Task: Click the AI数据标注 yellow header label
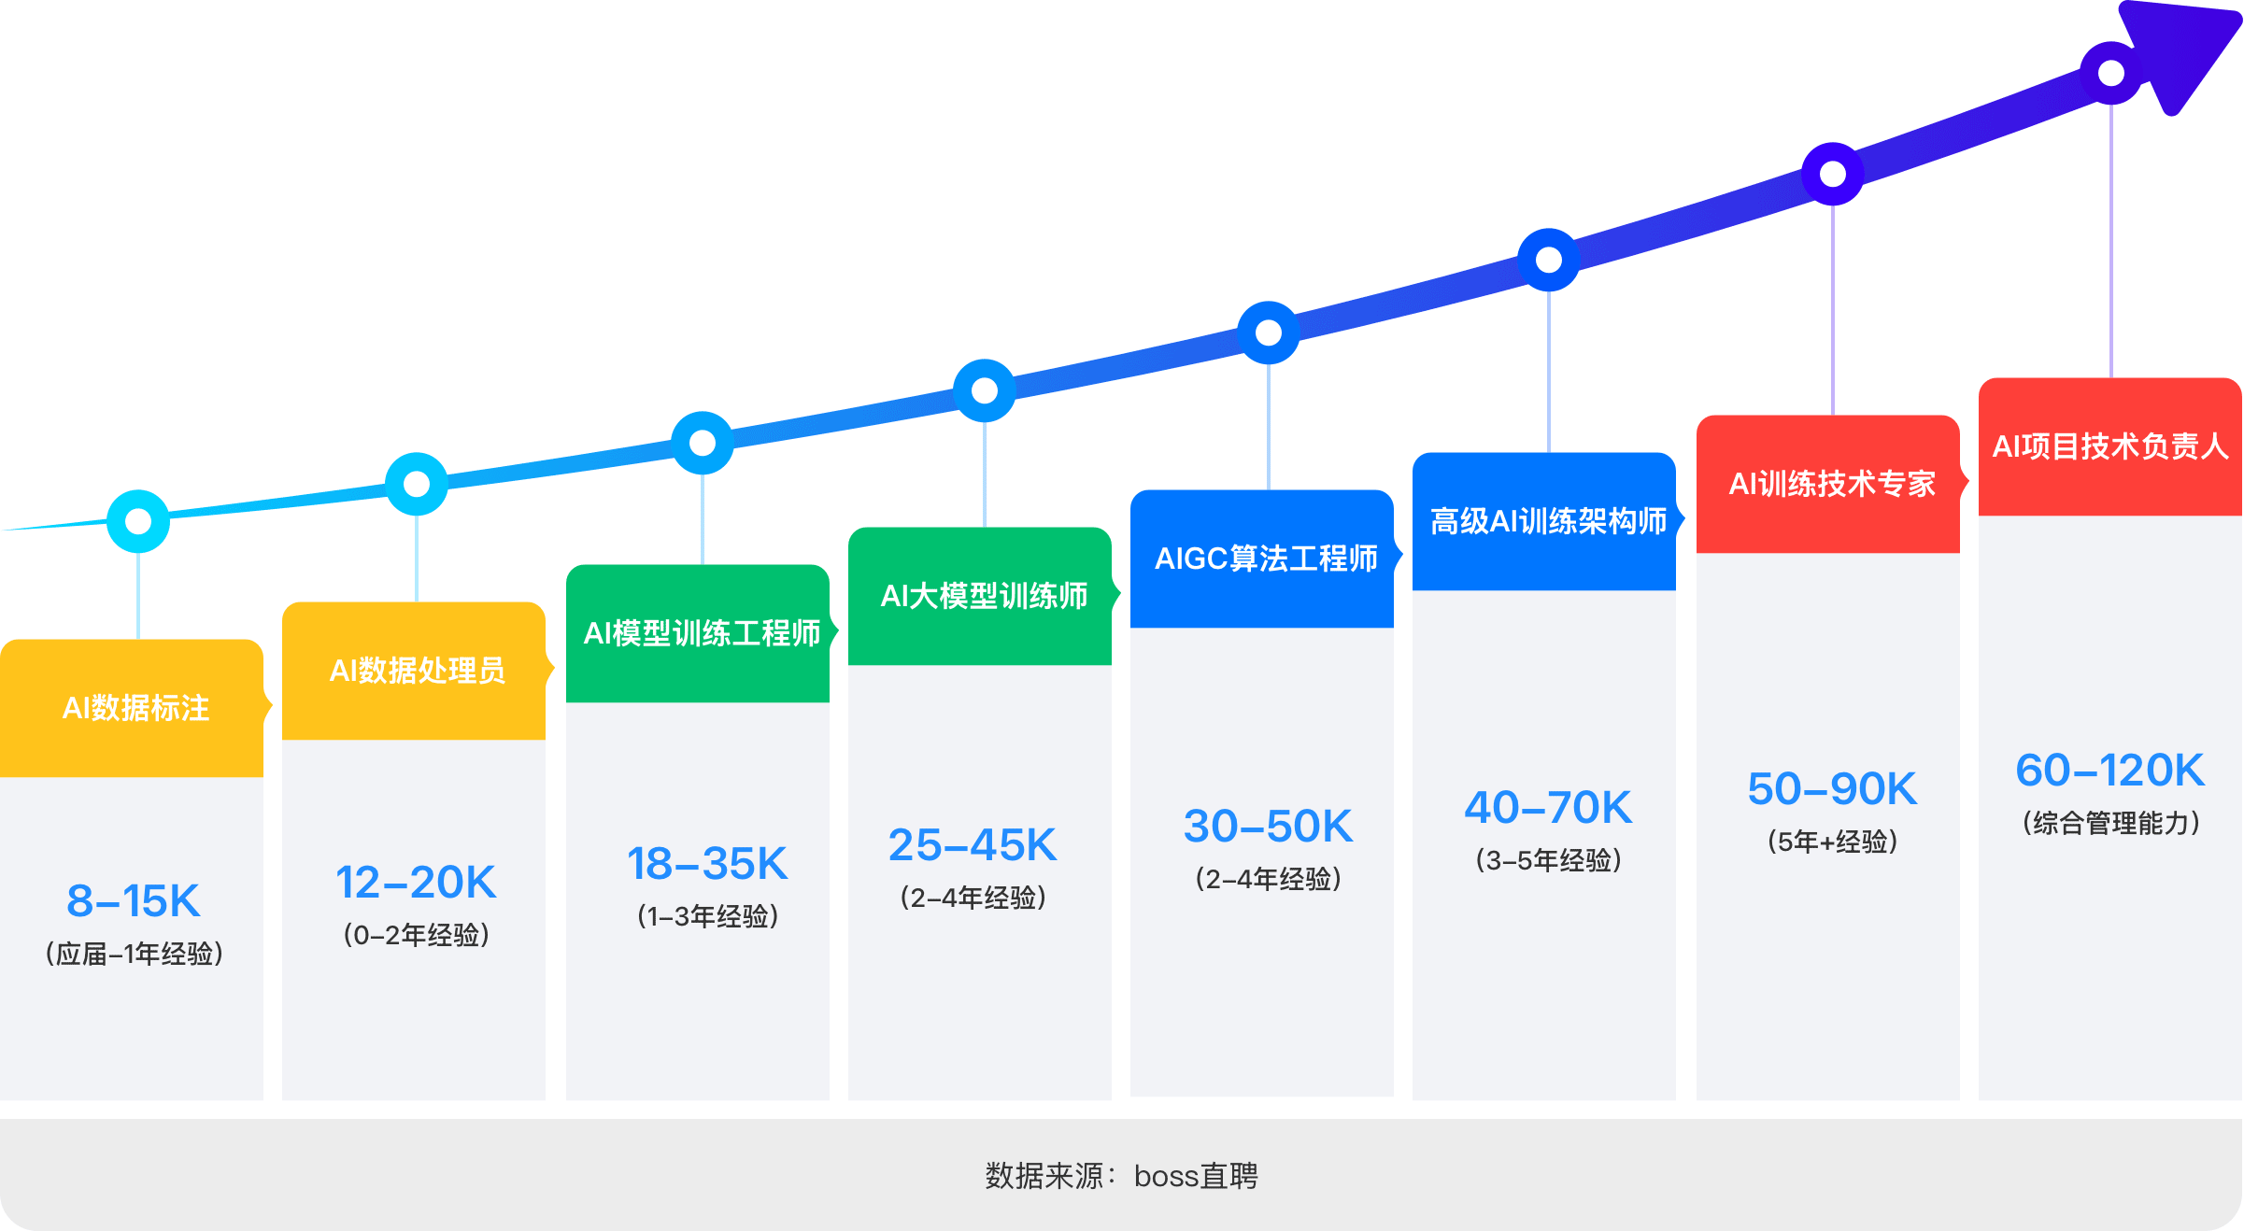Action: tap(135, 708)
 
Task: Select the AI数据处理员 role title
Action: tap(417, 671)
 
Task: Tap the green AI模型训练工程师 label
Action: tap(702, 633)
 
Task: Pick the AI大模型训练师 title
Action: tap(984, 596)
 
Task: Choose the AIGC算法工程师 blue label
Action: tap(1266, 559)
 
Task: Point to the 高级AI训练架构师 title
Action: tap(1548, 521)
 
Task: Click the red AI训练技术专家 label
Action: tap(1832, 484)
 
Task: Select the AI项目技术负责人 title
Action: tap(2110, 446)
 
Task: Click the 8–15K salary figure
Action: tap(134, 901)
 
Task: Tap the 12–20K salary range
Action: tap(416, 883)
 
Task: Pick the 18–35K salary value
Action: tap(707, 864)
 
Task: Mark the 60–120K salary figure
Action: tap(2110, 771)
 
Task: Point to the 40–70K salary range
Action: tap(1548, 808)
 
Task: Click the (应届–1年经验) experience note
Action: tap(135, 954)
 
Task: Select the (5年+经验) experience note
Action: tap(1832, 842)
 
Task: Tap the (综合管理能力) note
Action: tap(2110, 823)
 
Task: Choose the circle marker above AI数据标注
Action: tap(138, 521)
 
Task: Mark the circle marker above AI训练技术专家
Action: tap(1833, 174)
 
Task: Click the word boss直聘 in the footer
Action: tap(1196, 1176)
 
